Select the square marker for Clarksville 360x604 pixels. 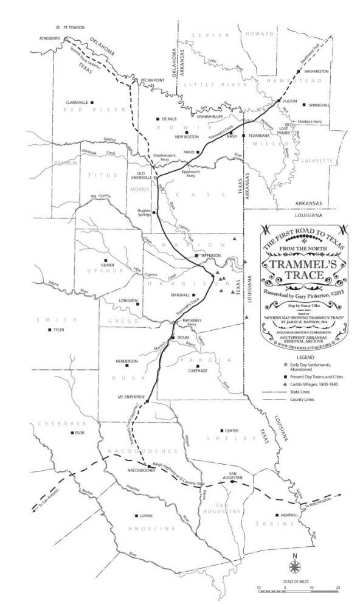click(92, 103)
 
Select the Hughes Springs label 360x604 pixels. click(141, 212)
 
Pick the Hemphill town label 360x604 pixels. click(288, 515)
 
